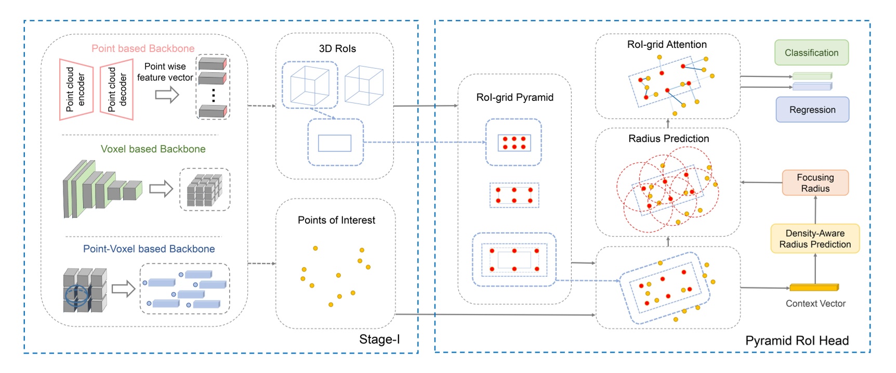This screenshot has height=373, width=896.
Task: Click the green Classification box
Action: coord(811,53)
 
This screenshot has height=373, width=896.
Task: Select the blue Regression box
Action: coord(812,110)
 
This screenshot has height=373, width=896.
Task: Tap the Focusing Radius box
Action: coord(815,183)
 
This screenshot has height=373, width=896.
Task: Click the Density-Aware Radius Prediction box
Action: coord(814,239)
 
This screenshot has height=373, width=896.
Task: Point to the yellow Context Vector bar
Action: coord(814,287)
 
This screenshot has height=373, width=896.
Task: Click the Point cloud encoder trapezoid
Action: coord(76,89)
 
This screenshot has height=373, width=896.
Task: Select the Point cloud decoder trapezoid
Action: coord(117,89)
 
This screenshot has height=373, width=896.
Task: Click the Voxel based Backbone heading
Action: coord(153,149)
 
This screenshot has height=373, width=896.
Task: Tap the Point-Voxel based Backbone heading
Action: coord(149,249)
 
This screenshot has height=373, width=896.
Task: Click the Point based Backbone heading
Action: coord(143,48)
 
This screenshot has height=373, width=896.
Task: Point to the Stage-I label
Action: coord(379,339)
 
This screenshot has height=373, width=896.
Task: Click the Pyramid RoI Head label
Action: coord(797,340)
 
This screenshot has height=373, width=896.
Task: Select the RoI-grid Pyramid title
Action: coord(515,97)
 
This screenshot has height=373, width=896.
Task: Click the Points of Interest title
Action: coord(336,220)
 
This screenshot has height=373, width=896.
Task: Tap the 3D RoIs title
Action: coord(337,48)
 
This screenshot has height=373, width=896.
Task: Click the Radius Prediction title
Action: coord(668,138)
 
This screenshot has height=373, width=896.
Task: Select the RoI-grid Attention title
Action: coord(667,44)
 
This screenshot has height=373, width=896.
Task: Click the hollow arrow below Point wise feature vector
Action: coord(167,95)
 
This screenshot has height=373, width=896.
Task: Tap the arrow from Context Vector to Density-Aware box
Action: coord(815,268)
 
